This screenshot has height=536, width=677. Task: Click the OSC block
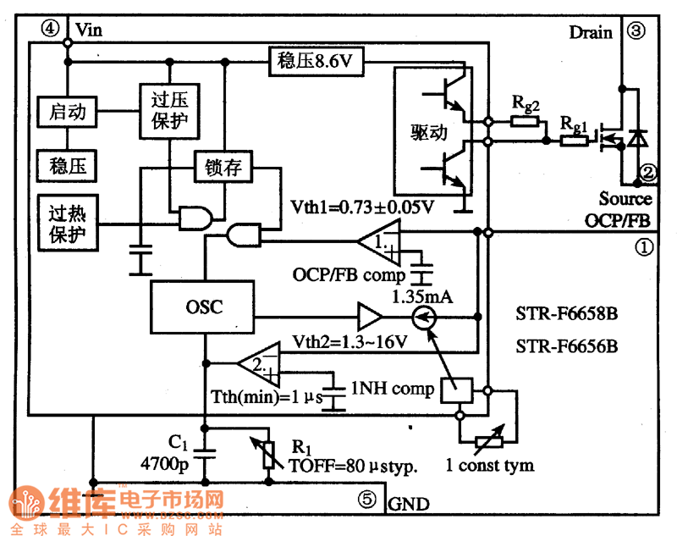click(x=202, y=307)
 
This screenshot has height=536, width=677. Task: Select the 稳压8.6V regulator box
click(x=316, y=62)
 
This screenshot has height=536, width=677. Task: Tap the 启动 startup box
click(x=67, y=112)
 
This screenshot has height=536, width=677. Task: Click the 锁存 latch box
click(x=223, y=167)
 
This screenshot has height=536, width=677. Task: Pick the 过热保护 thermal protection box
click(x=68, y=223)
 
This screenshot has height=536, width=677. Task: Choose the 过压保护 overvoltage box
click(x=170, y=111)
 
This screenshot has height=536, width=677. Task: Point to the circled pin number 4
click(x=50, y=29)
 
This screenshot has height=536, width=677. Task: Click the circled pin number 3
click(x=636, y=30)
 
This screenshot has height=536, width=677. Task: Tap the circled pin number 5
click(x=367, y=500)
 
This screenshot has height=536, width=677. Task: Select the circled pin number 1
click(x=644, y=247)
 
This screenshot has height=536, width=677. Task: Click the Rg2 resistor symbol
click(x=525, y=121)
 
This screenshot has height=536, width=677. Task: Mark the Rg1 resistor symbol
click(x=575, y=141)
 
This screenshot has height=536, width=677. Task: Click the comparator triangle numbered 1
click(x=379, y=242)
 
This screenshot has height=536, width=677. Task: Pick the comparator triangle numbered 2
click(x=259, y=364)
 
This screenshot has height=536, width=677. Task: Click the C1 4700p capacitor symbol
click(x=205, y=454)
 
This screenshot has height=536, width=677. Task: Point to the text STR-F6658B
click(x=566, y=313)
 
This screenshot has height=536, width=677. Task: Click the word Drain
click(x=591, y=32)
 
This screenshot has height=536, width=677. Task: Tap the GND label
click(x=409, y=504)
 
